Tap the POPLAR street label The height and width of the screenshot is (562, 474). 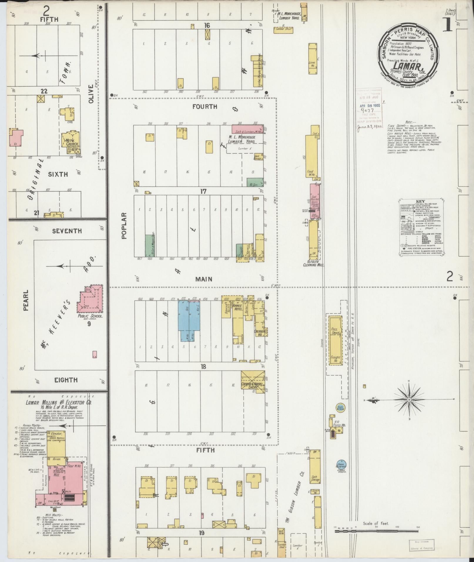pyautogui.click(x=124, y=226)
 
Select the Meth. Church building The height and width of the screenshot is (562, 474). pyautogui.click(x=71, y=142)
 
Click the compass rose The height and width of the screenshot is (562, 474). pyautogui.click(x=408, y=400)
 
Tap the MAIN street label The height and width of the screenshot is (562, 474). pyautogui.click(x=204, y=279)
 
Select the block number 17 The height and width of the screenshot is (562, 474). pyautogui.click(x=203, y=192)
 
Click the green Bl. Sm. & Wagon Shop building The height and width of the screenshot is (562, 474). pyautogui.click(x=150, y=246)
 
